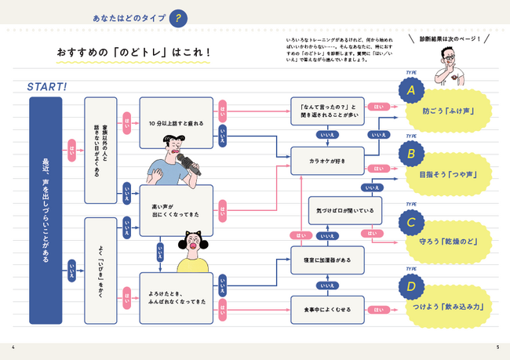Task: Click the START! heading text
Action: [46, 85]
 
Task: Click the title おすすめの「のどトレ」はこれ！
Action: [133, 53]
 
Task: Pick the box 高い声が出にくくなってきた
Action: [176, 209]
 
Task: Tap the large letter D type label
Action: [409, 286]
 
